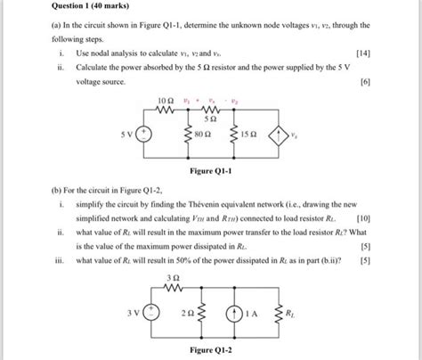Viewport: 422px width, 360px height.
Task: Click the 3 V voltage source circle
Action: [152, 312]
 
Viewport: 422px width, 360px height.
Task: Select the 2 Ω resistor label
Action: [184, 313]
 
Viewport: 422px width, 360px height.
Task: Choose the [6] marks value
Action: [366, 81]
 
